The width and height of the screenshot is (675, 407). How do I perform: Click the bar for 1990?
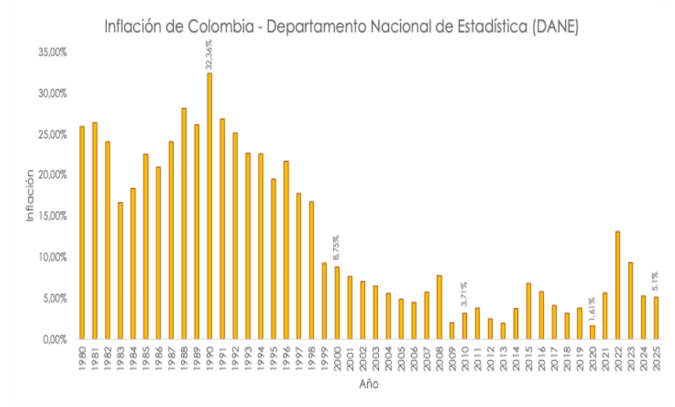(x=210, y=206)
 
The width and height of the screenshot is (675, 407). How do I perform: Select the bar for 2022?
(x=619, y=285)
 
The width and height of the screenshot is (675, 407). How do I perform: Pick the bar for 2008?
(x=440, y=307)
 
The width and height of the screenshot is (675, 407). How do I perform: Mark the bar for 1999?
(x=325, y=300)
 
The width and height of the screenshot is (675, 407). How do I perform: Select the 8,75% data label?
(x=338, y=248)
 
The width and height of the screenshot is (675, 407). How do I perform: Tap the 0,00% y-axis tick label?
(x=53, y=340)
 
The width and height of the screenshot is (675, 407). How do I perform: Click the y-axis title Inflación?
(x=31, y=195)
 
